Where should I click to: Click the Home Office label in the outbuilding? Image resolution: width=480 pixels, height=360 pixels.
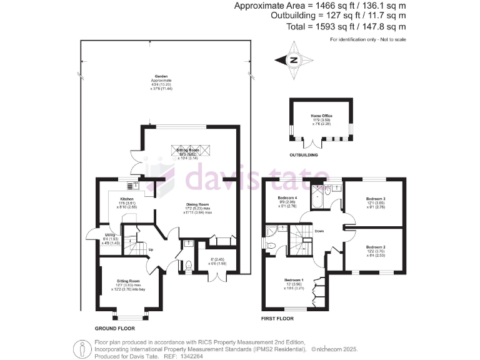321,116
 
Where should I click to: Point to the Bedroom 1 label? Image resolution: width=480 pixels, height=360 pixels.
294,279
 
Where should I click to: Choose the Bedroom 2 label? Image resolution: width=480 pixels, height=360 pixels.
376,246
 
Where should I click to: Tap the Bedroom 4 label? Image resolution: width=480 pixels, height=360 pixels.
287,199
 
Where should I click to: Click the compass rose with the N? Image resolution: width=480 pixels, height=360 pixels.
292,60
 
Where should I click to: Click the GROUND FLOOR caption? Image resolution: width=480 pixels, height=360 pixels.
114,328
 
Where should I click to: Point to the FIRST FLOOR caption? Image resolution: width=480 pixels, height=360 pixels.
277,318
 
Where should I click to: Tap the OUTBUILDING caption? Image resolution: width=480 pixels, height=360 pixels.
303,154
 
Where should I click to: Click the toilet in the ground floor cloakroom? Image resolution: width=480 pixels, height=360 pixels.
189,265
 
